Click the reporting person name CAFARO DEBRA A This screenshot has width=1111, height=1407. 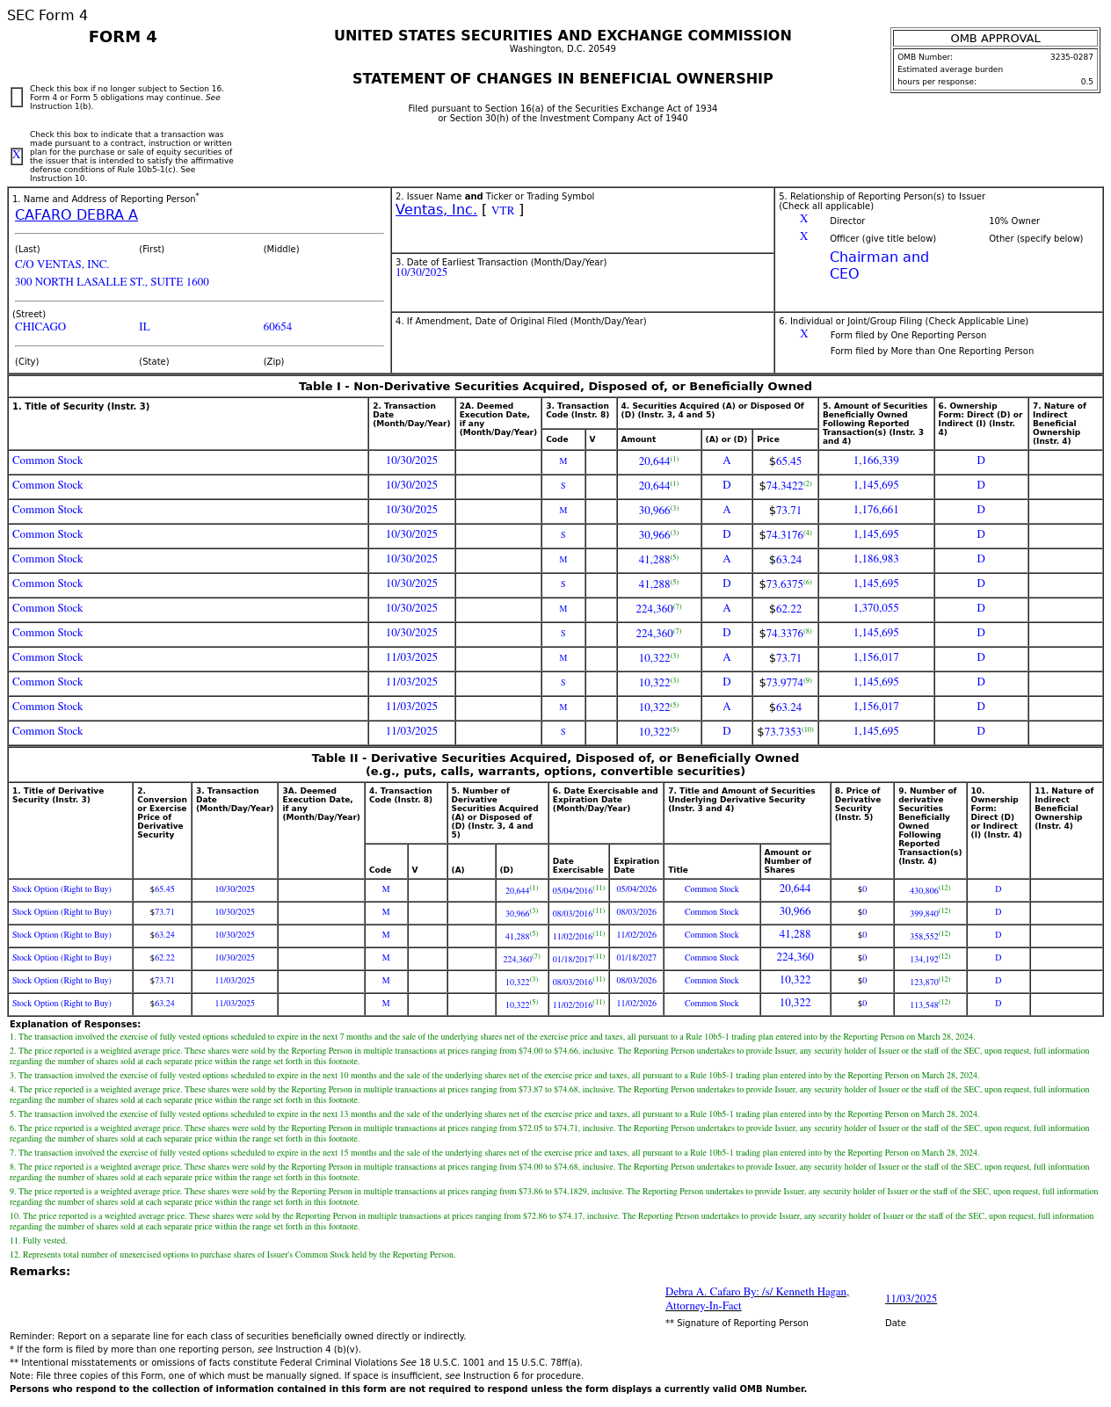click(x=76, y=215)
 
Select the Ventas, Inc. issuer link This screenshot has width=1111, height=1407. click(x=436, y=210)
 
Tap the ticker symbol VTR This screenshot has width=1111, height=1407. click(x=503, y=211)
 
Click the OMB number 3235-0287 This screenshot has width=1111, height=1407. click(x=1071, y=57)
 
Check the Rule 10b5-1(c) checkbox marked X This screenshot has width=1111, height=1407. click(x=17, y=156)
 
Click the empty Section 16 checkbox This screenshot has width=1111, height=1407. click(x=17, y=98)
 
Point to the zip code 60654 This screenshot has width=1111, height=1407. click(x=277, y=327)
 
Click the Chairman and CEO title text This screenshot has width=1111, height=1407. click(x=878, y=265)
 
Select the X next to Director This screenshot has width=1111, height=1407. click(x=803, y=220)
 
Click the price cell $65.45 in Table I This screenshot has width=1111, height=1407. click(x=785, y=461)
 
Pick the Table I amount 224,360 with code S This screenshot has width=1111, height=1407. click(x=655, y=634)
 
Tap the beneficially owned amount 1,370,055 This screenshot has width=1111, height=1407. click(x=875, y=608)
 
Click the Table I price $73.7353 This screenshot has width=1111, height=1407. click(x=780, y=732)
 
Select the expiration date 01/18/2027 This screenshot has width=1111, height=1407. click(x=635, y=958)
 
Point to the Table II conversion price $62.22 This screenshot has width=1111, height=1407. click(x=162, y=958)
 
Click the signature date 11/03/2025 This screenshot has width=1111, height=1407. click(x=911, y=1299)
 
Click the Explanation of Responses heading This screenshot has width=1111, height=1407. click(x=75, y=1025)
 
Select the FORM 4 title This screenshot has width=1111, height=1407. click(x=123, y=37)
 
